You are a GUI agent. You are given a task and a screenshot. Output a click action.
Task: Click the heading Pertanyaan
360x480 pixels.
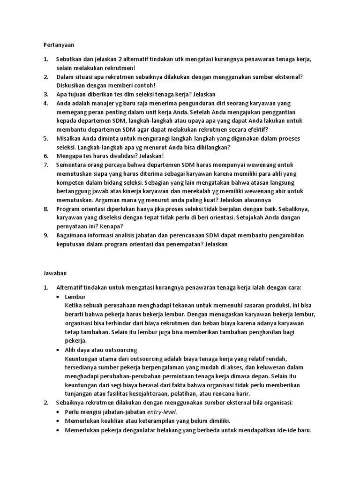[56, 45]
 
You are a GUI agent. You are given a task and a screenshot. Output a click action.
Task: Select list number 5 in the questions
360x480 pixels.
[45, 139]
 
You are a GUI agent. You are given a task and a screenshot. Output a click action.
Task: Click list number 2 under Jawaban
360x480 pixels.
[45, 403]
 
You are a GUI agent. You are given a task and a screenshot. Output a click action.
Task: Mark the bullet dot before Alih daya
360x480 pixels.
[58, 350]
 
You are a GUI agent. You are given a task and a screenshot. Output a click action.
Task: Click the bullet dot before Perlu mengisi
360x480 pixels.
[58, 412]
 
